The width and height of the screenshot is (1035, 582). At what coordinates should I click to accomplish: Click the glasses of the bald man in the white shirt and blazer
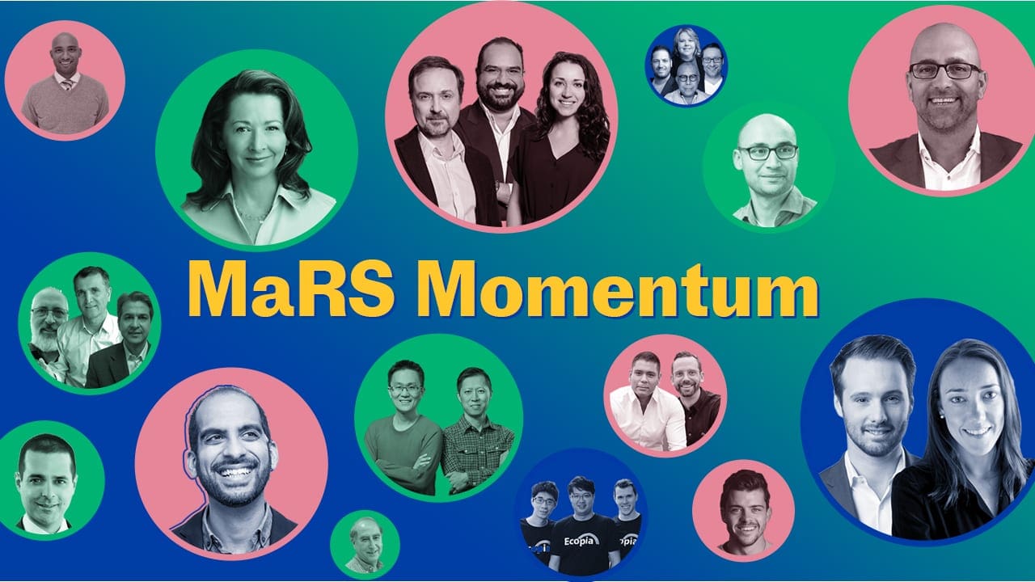tap(945, 70)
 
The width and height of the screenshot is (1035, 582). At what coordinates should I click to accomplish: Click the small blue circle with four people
tap(686, 65)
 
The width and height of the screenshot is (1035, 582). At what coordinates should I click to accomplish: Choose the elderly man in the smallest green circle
tap(365, 544)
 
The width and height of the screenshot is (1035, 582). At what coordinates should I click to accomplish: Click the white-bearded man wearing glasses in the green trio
tap(49, 323)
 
